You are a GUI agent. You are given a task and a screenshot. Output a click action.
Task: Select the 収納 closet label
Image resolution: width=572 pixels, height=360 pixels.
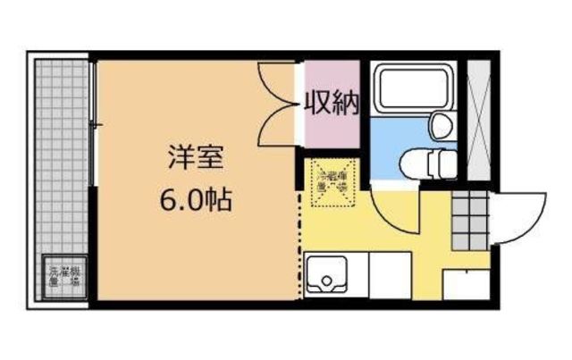[x=332, y=105]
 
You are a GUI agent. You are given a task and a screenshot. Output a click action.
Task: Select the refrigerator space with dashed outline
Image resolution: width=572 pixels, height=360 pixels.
[x=332, y=182]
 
